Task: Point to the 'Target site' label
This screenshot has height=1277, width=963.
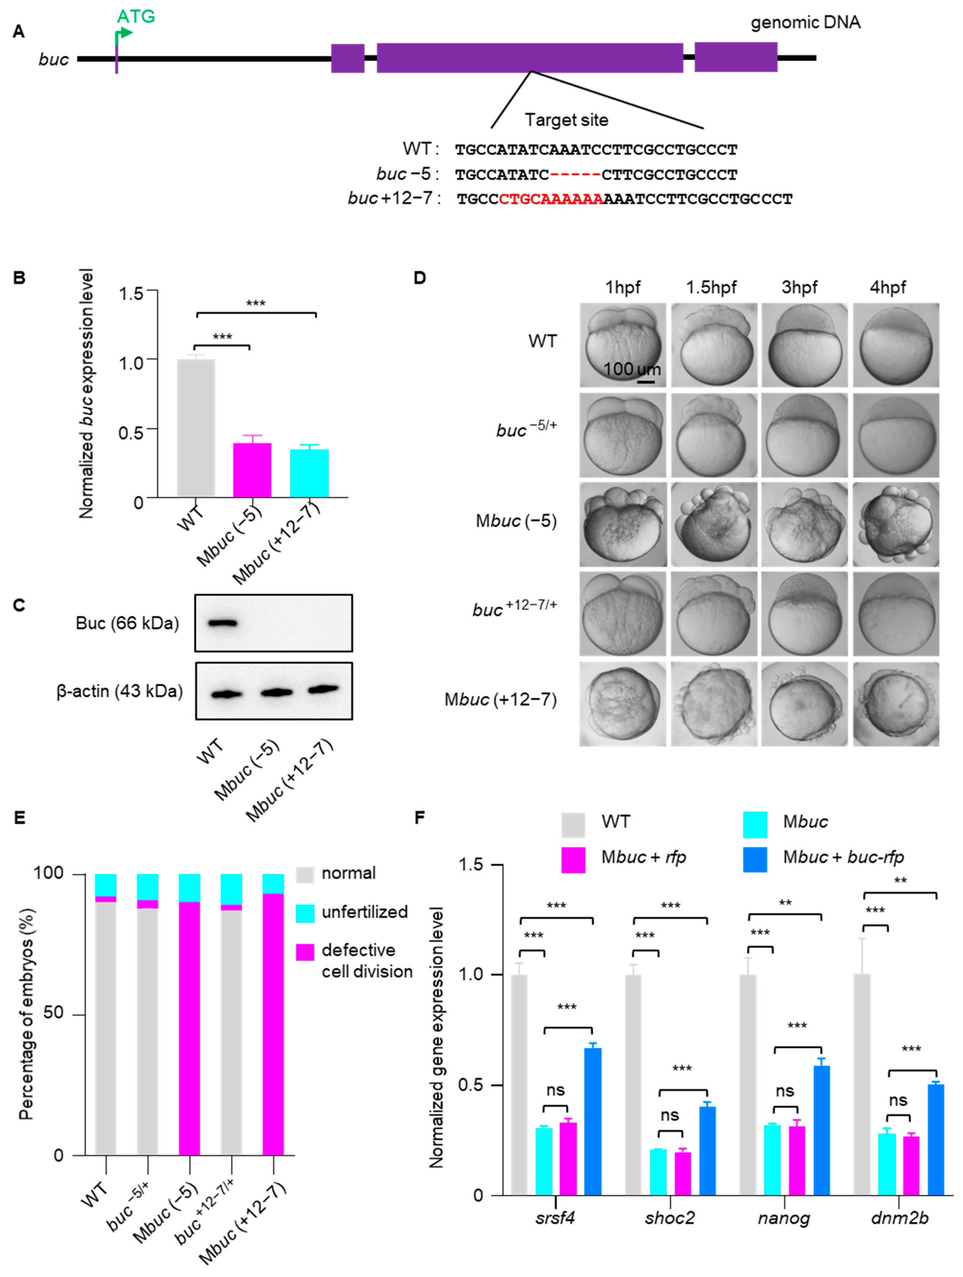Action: pyautogui.click(x=566, y=120)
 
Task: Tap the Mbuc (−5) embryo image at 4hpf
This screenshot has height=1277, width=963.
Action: pyautogui.click(x=895, y=524)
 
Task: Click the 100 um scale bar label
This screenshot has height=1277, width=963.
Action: pyautogui.click(x=632, y=369)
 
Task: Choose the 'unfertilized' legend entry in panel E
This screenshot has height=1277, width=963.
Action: pyautogui.click(x=364, y=912)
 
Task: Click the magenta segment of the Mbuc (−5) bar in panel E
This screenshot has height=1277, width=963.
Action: pyautogui.click(x=189, y=1028)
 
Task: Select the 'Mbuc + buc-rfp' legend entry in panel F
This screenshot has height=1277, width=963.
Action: pyautogui.click(x=842, y=857)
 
